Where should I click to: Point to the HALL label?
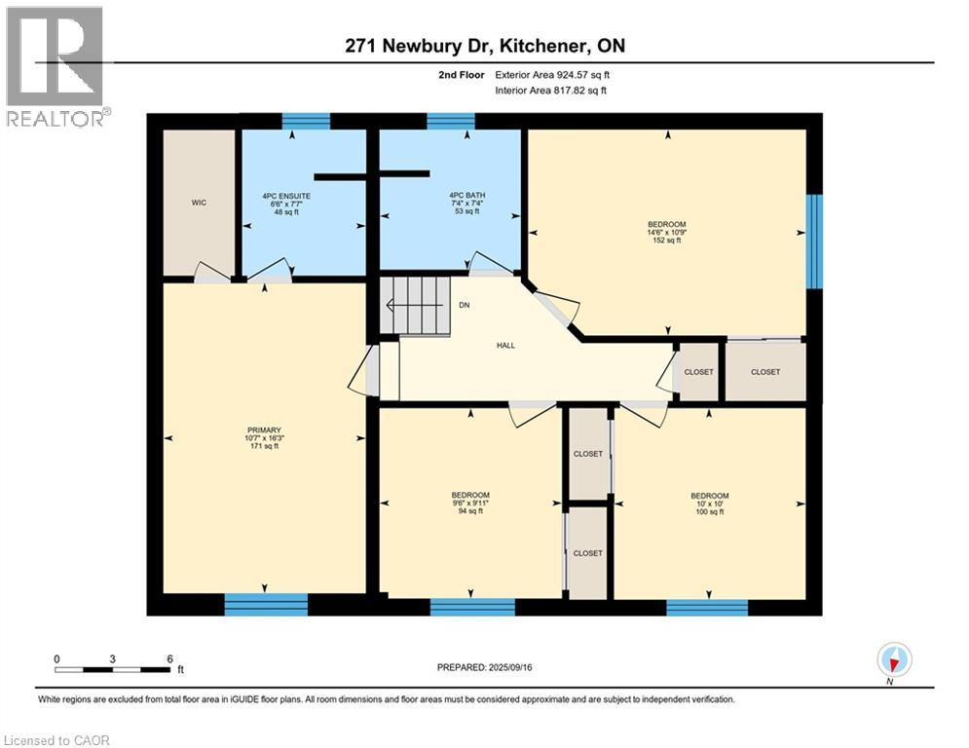click(505, 345)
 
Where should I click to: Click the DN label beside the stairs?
click(465, 305)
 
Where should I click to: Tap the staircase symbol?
click(415, 305)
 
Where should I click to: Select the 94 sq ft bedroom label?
click(471, 503)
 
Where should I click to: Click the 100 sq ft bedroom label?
click(709, 504)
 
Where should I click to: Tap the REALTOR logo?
click(56, 66)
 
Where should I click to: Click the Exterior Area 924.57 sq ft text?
click(553, 74)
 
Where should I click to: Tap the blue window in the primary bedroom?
click(266, 605)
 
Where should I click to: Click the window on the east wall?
click(814, 242)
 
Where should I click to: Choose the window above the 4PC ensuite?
click(306, 121)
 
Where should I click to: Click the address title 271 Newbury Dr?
click(483, 46)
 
